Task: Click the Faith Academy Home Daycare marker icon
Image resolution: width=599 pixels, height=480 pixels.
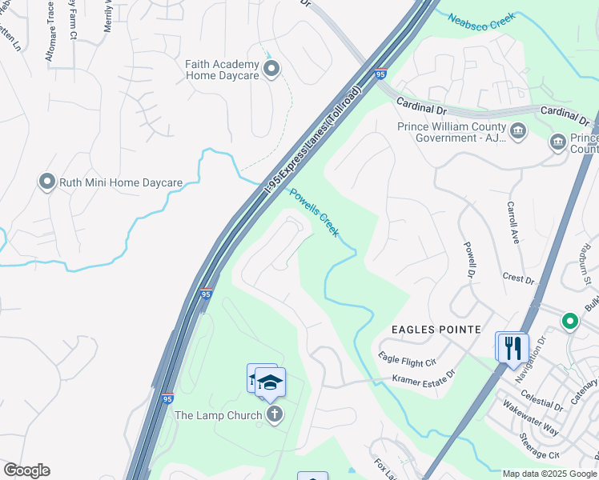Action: click(x=271, y=70)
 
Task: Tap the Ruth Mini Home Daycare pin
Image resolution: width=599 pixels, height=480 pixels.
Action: click(x=46, y=182)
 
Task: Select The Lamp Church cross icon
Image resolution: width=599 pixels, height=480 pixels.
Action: click(x=275, y=414)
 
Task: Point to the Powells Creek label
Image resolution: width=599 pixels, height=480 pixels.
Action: click(x=314, y=212)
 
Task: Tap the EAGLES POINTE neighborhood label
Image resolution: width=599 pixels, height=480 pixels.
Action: click(x=436, y=330)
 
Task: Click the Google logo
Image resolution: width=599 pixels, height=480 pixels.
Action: click(x=26, y=470)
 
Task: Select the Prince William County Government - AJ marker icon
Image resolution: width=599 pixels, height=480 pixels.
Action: click(x=517, y=130)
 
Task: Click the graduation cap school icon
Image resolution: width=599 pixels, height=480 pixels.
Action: click(x=271, y=383)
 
